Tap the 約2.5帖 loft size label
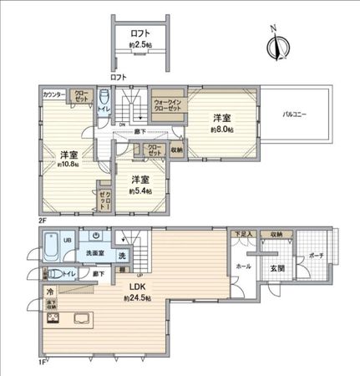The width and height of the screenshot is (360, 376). (x=140, y=43)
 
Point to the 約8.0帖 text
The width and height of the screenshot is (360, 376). (x=221, y=130)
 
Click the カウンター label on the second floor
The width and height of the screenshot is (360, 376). (x=54, y=94)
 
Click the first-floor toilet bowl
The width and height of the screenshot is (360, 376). (x=52, y=272)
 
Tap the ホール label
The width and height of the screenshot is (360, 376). (x=244, y=266)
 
